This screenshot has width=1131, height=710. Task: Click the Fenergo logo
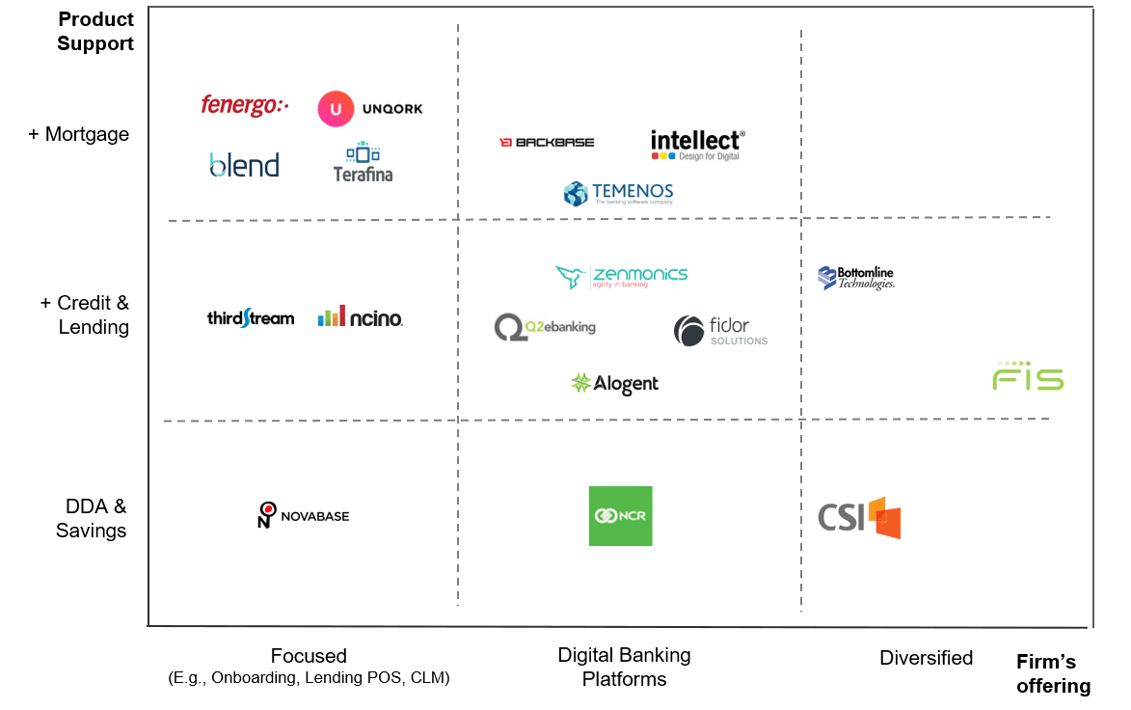[244, 106]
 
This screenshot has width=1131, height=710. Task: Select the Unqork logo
[370, 109]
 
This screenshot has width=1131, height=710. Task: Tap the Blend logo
[244, 165]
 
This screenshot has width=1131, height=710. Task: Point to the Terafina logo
[363, 162]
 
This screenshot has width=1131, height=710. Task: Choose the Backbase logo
[546, 141]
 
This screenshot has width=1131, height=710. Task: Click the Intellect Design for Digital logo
[698, 145]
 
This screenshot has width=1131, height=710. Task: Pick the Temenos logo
[618, 193]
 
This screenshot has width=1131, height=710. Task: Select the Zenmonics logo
[621, 276]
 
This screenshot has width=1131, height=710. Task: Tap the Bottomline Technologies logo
[856, 279]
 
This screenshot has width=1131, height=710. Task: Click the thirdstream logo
[251, 317]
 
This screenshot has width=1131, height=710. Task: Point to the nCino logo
[361, 315]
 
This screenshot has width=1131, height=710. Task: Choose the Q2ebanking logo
[545, 327]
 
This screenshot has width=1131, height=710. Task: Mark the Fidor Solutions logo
[720, 331]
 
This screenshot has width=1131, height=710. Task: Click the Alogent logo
[615, 383]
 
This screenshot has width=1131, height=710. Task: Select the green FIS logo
[1028, 374]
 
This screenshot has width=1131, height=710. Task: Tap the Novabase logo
[304, 515]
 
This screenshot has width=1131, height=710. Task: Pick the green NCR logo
[621, 516]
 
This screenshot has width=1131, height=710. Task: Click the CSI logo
[859, 518]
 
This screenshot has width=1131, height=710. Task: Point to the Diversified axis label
[926, 658]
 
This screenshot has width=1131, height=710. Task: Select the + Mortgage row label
[79, 134]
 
